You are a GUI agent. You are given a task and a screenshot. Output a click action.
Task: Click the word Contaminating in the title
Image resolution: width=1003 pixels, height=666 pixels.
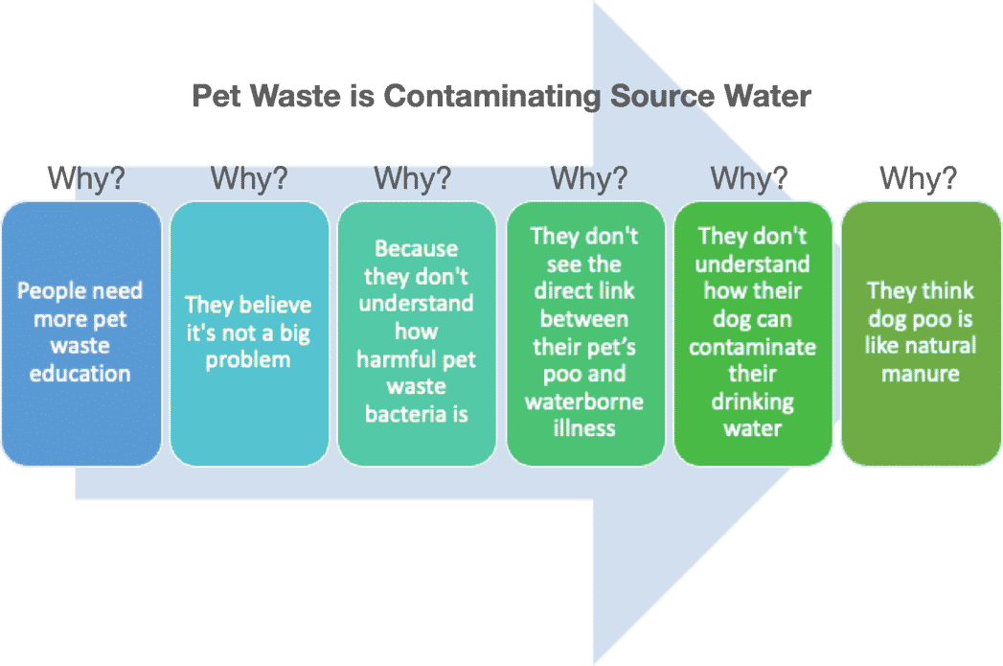[x=491, y=97]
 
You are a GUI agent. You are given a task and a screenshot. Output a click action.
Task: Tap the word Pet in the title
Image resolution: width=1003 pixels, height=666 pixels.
[x=216, y=96]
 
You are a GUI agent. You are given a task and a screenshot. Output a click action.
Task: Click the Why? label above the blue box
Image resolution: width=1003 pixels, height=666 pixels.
[x=86, y=177]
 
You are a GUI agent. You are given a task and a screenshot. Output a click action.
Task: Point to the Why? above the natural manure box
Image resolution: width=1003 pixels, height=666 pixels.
[x=919, y=177]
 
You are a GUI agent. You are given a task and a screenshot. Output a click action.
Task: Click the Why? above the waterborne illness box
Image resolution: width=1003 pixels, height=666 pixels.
[x=589, y=177]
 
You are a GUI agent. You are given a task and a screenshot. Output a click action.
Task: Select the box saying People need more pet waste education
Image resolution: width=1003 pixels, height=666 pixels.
[x=81, y=333]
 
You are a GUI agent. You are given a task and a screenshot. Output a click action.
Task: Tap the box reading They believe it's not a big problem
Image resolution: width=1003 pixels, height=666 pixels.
[x=249, y=333]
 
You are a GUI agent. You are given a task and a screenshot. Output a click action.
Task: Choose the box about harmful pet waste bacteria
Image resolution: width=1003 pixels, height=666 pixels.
[x=417, y=333]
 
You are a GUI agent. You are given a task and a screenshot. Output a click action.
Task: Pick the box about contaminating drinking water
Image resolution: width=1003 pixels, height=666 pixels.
[x=753, y=333]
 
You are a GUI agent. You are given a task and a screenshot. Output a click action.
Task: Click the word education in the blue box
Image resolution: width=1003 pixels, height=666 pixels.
[x=80, y=373]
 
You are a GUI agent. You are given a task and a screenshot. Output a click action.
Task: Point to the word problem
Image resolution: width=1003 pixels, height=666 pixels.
[x=248, y=360]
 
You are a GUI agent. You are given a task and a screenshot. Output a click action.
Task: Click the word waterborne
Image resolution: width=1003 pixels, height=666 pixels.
[x=584, y=402]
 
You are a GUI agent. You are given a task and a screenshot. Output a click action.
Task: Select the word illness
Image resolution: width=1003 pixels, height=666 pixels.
[x=584, y=428]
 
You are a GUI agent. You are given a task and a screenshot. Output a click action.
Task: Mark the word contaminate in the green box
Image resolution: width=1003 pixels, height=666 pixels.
[x=753, y=347]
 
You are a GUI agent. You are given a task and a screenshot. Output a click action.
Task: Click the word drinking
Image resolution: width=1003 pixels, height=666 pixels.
[x=753, y=402]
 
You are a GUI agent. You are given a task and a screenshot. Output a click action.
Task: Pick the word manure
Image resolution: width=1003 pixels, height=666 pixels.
[x=921, y=374]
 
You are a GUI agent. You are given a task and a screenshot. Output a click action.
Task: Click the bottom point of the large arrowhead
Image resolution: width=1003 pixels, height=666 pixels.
[x=594, y=664]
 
